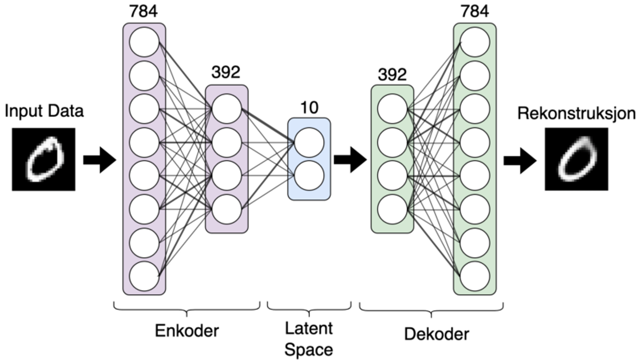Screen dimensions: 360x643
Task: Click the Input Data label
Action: pyautogui.click(x=44, y=112)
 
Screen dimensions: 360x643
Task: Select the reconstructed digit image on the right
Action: pyautogui.click(x=576, y=160)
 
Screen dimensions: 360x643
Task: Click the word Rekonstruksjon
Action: pyautogui.click(x=576, y=114)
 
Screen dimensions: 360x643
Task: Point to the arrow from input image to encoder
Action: pyautogui.click(x=100, y=160)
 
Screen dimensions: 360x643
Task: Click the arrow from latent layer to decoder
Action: pyautogui.click(x=350, y=160)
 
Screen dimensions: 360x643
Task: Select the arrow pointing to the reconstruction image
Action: pyautogui.click(x=520, y=160)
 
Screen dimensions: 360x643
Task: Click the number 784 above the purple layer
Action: pyautogui.click(x=144, y=11)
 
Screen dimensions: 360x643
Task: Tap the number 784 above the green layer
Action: pyautogui.click(x=474, y=11)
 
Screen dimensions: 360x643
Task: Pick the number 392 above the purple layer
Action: pyautogui.click(x=226, y=73)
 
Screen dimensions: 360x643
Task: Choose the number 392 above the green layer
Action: pyautogui.click(x=392, y=74)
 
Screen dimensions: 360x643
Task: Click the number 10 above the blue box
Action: pyautogui.click(x=309, y=108)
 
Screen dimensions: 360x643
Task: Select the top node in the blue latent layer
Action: pyautogui.click(x=309, y=142)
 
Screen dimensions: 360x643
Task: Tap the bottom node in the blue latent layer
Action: pyautogui.click(x=309, y=176)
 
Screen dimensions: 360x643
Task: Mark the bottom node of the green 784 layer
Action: pyautogui.click(x=475, y=276)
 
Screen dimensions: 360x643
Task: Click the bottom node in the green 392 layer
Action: pyautogui.click(x=392, y=208)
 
